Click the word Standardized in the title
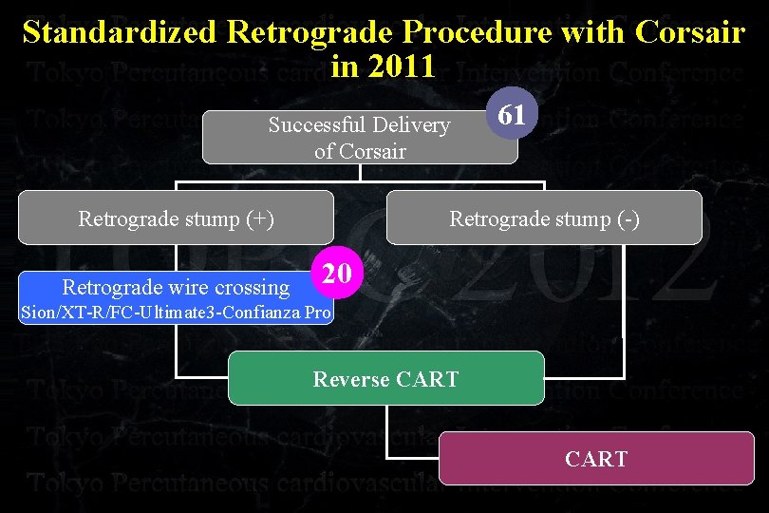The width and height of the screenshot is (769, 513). point(122,32)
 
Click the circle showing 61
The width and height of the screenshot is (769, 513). point(512,116)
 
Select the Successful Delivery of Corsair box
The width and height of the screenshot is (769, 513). point(360,138)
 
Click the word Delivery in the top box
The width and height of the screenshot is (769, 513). point(412,125)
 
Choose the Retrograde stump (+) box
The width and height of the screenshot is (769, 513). point(177,218)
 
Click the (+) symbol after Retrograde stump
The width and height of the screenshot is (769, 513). point(260,219)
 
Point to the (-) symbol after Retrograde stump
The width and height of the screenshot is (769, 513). point(628,219)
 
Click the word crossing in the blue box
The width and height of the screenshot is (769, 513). point(254,287)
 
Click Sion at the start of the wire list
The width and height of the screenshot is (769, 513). point(37,312)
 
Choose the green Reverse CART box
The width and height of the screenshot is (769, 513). point(386,379)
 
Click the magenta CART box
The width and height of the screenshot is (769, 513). point(595,459)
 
